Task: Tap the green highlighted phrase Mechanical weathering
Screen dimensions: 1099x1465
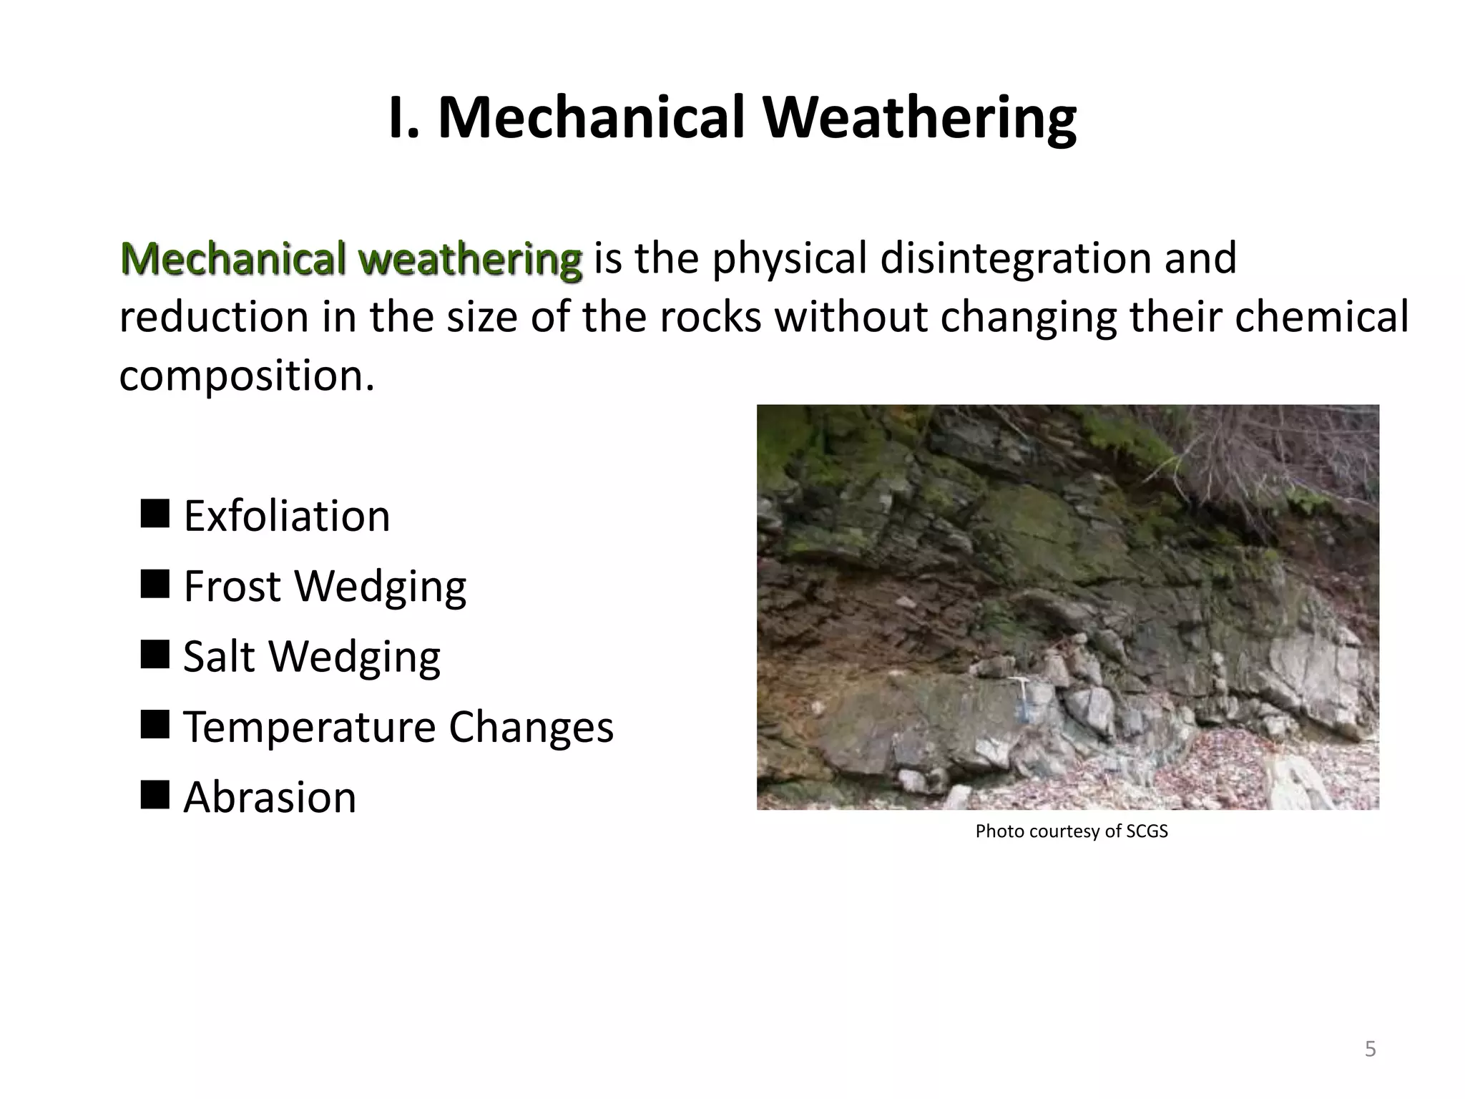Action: click(351, 258)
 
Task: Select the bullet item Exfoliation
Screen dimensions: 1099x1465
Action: click(287, 516)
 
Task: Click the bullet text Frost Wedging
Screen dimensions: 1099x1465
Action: click(325, 586)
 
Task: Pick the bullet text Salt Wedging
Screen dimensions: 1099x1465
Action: click(312, 656)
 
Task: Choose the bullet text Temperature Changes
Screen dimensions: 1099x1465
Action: click(398, 727)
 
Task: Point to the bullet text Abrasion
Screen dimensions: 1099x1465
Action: click(270, 797)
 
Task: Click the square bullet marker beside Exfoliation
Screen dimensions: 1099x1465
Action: click(155, 513)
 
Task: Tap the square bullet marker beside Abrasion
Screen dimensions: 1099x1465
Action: click(155, 794)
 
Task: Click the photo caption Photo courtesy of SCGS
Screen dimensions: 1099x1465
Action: click(1071, 831)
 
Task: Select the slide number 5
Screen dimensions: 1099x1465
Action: click(1370, 1050)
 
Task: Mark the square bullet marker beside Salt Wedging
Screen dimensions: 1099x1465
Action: click(155, 653)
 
